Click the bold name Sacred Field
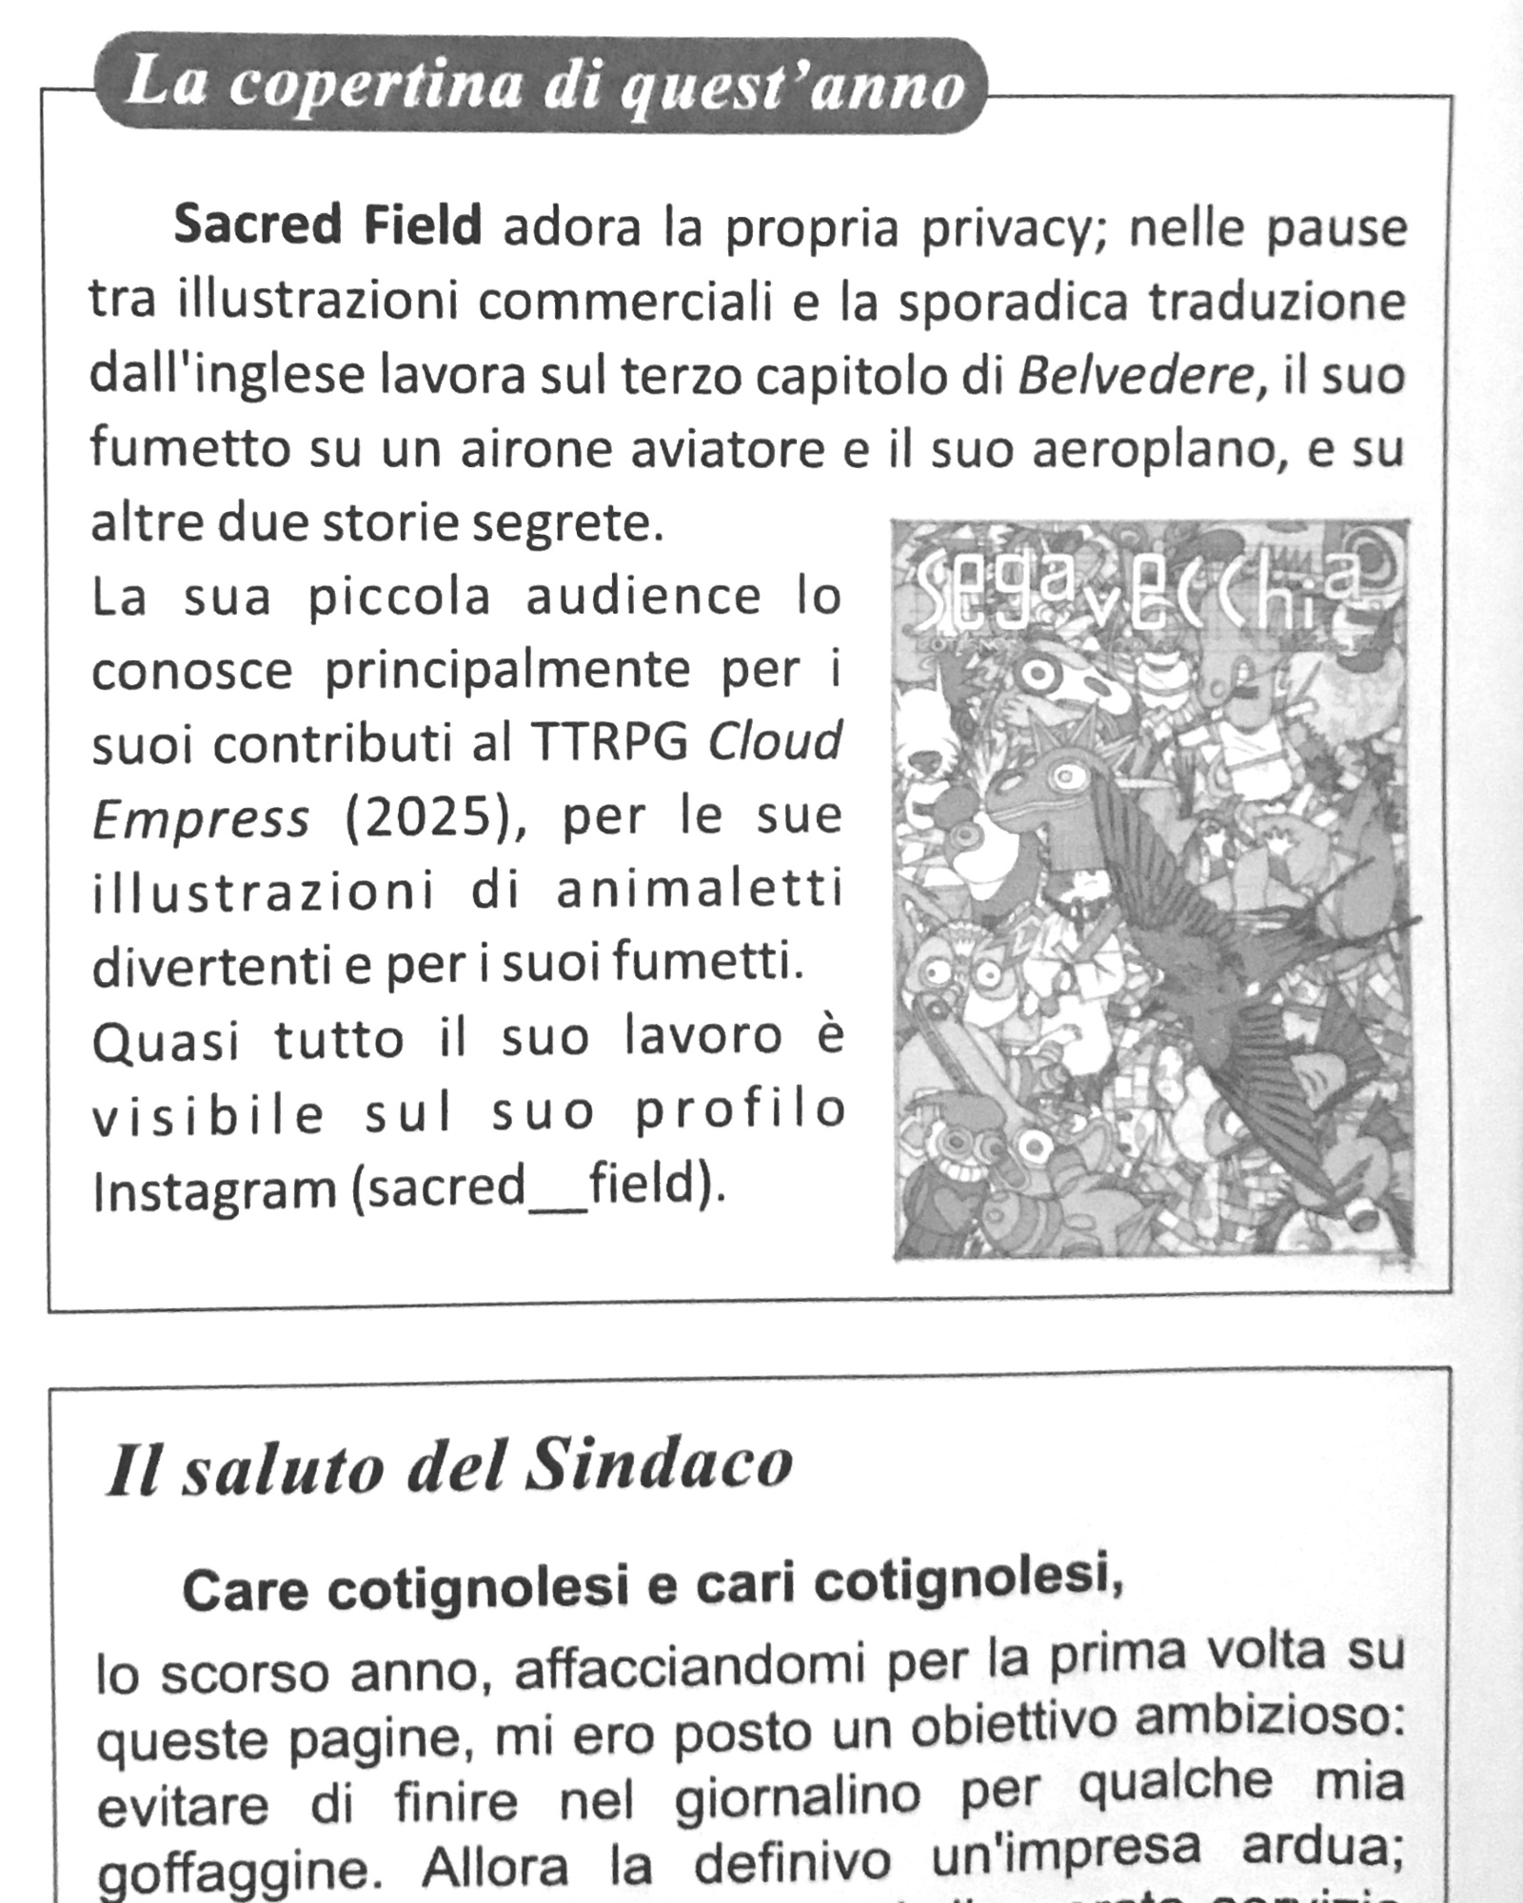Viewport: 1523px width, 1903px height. coord(327,226)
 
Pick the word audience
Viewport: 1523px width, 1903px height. coord(643,598)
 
